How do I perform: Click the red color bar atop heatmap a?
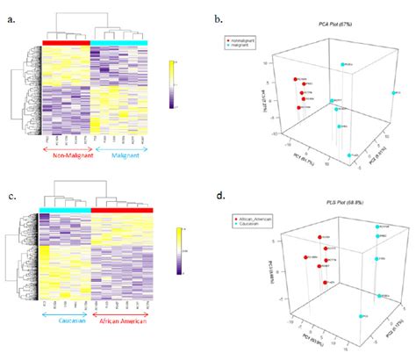[x=65, y=41]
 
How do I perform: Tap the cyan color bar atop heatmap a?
[x=119, y=41]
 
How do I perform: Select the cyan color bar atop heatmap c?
[x=64, y=210]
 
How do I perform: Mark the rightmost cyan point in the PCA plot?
[x=392, y=92]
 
